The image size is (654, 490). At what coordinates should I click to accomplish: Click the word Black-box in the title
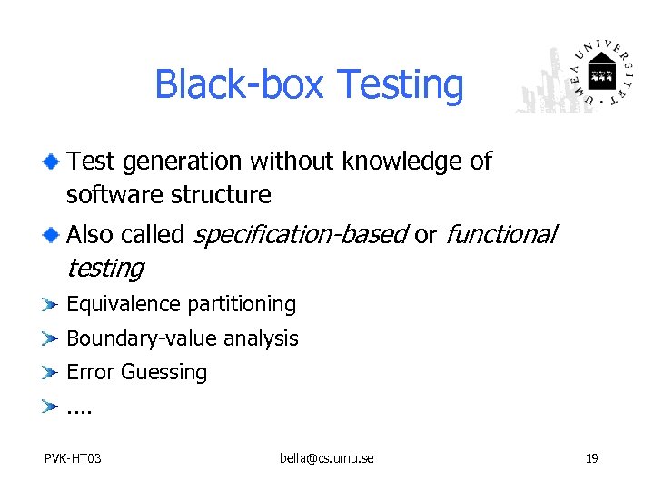click(239, 85)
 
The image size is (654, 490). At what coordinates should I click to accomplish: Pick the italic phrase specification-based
click(300, 235)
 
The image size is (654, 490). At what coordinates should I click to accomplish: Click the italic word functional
click(500, 234)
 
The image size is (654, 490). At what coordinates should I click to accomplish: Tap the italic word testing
click(104, 269)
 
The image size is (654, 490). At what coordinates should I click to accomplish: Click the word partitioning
click(241, 305)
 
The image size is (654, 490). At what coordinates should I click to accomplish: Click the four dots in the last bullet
click(80, 407)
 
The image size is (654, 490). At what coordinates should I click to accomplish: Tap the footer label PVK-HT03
click(73, 458)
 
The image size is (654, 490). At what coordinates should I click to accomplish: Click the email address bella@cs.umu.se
click(326, 458)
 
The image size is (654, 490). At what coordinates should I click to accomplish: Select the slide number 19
click(591, 458)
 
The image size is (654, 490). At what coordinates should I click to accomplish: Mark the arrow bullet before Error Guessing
click(51, 372)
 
